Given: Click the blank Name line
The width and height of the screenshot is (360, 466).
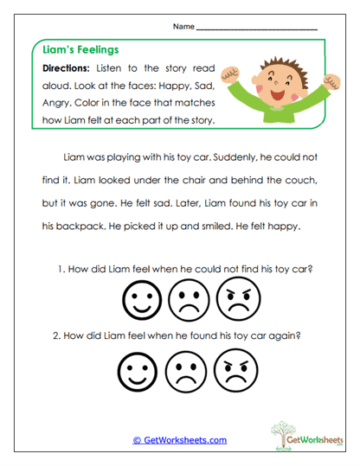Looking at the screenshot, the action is pyautogui.click(x=257, y=28).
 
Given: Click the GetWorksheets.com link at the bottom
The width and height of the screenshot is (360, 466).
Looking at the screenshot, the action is pyautogui.click(x=179, y=440).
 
